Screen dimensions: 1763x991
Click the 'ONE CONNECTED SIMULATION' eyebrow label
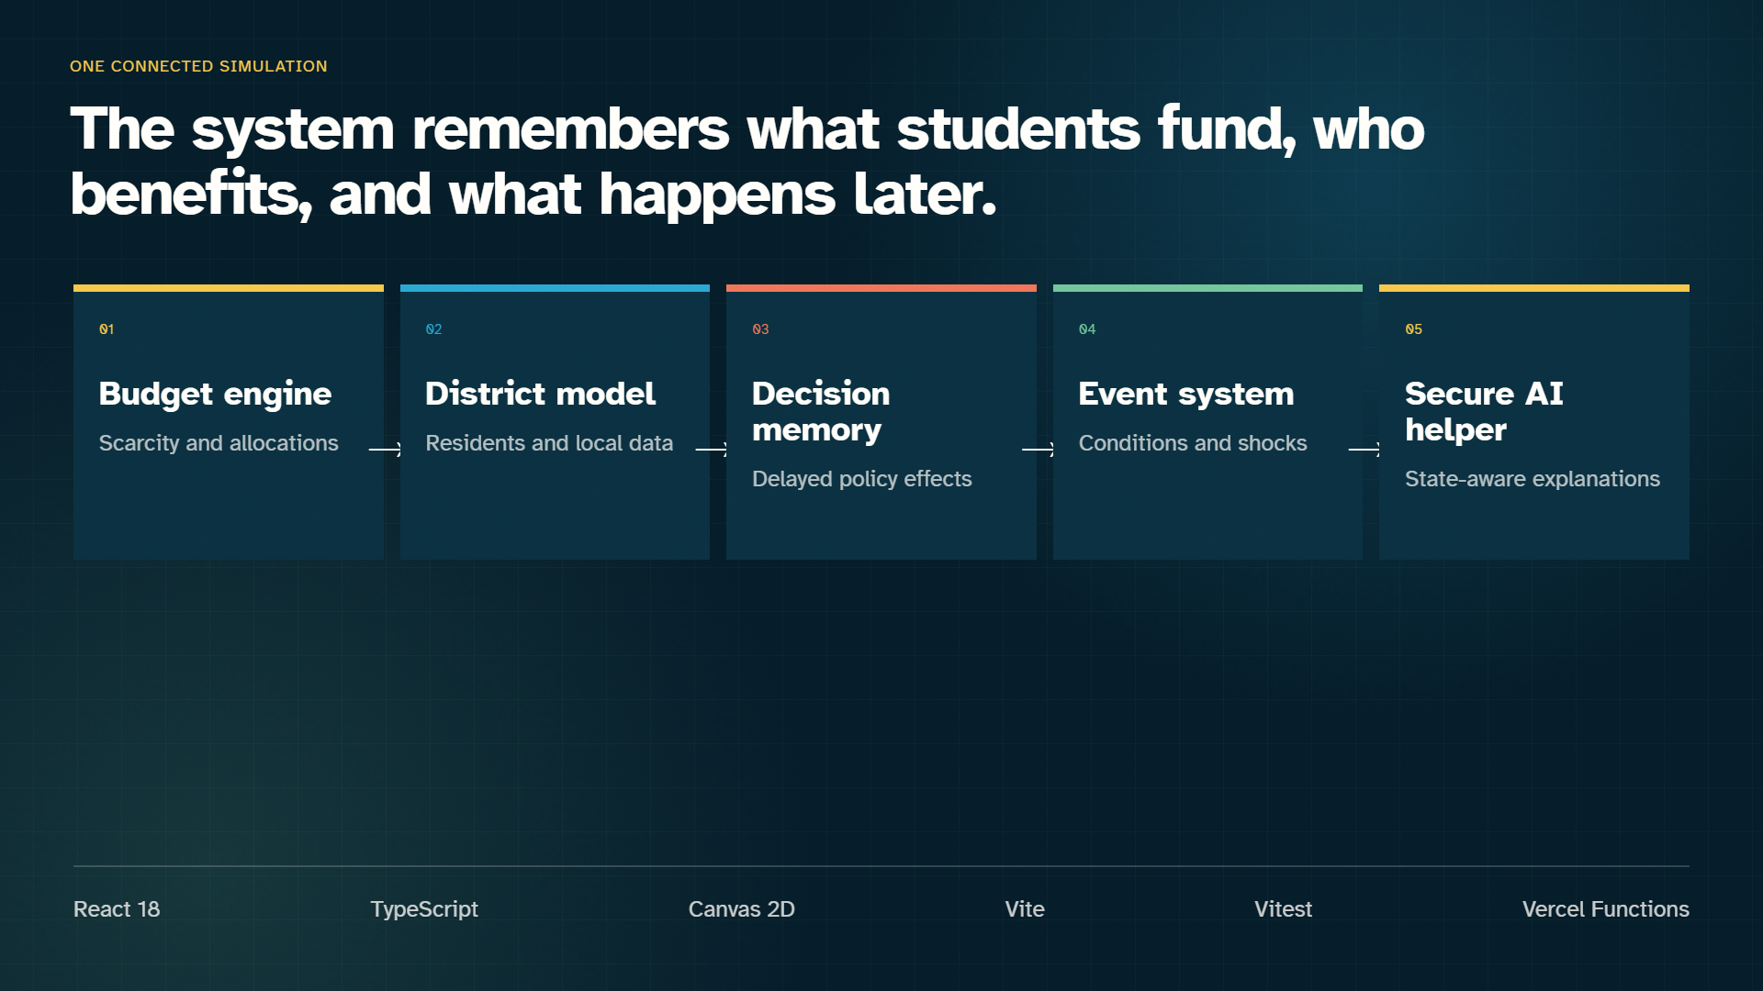[198, 66]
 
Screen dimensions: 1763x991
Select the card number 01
[107, 329]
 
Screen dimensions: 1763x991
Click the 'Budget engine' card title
[215, 395]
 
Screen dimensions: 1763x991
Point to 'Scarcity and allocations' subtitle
[219, 443]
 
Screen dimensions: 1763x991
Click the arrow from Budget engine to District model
[385, 449]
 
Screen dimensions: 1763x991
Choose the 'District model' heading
[540, 394]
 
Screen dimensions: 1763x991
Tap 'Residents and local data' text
[549, 443]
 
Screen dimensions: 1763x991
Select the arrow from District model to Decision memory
[712, 449]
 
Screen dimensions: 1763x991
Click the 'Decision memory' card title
[821, 412]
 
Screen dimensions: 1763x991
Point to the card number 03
[760, 329]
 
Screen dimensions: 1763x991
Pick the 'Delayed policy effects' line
[861, 479]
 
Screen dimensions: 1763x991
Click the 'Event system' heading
[1186, 395]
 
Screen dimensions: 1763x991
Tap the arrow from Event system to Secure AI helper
[1364, 449]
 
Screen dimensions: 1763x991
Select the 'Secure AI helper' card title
[1484, 412]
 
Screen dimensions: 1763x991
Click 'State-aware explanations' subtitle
[1533, 479]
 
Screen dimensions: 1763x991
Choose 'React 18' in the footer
[117, 909]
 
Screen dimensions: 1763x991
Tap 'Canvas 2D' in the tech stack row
[742, 909]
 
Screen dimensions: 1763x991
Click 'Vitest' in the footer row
[1284, 909]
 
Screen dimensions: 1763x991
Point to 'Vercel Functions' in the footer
[1606, 909]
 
